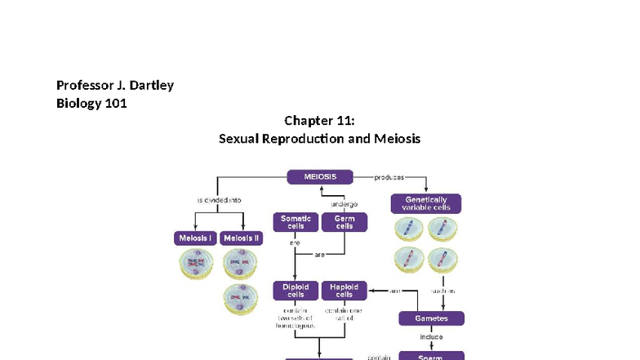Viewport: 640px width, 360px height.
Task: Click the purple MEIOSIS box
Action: (319, 176)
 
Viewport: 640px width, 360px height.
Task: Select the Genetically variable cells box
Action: (425, 203)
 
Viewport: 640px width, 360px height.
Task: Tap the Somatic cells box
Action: (296, 222)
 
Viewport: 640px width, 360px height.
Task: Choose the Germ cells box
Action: (344, 222)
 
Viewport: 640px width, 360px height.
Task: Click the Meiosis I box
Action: (194, 238)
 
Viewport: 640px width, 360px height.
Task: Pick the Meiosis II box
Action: (242, 238)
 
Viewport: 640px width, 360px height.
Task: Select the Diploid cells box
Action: (296, 290)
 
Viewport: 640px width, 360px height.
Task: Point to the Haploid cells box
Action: (344, 290)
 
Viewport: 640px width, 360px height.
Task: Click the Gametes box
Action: (431, 318)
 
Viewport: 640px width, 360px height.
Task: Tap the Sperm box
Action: (431, 357)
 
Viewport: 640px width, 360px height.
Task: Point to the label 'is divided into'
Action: (218, 199)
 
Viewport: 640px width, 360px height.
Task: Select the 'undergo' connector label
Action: (344, 203)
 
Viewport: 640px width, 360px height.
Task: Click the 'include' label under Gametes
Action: (431, 336)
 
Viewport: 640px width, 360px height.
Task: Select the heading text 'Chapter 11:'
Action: (319, 121)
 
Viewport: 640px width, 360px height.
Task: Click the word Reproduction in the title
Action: (305, 139)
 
